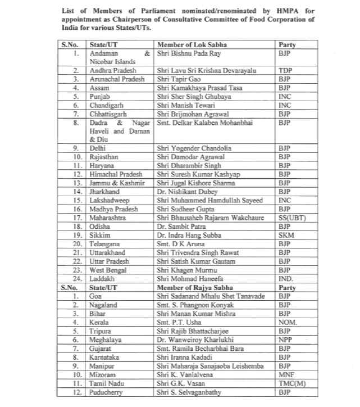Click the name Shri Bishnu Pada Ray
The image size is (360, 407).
click(188, 53)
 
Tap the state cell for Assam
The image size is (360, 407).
click(101, 88)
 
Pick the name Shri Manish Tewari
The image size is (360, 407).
click(183, 105)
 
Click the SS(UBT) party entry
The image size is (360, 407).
click(291, 216)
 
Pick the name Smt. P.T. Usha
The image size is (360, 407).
click(179, 322)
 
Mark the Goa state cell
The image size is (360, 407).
click(97, 295)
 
